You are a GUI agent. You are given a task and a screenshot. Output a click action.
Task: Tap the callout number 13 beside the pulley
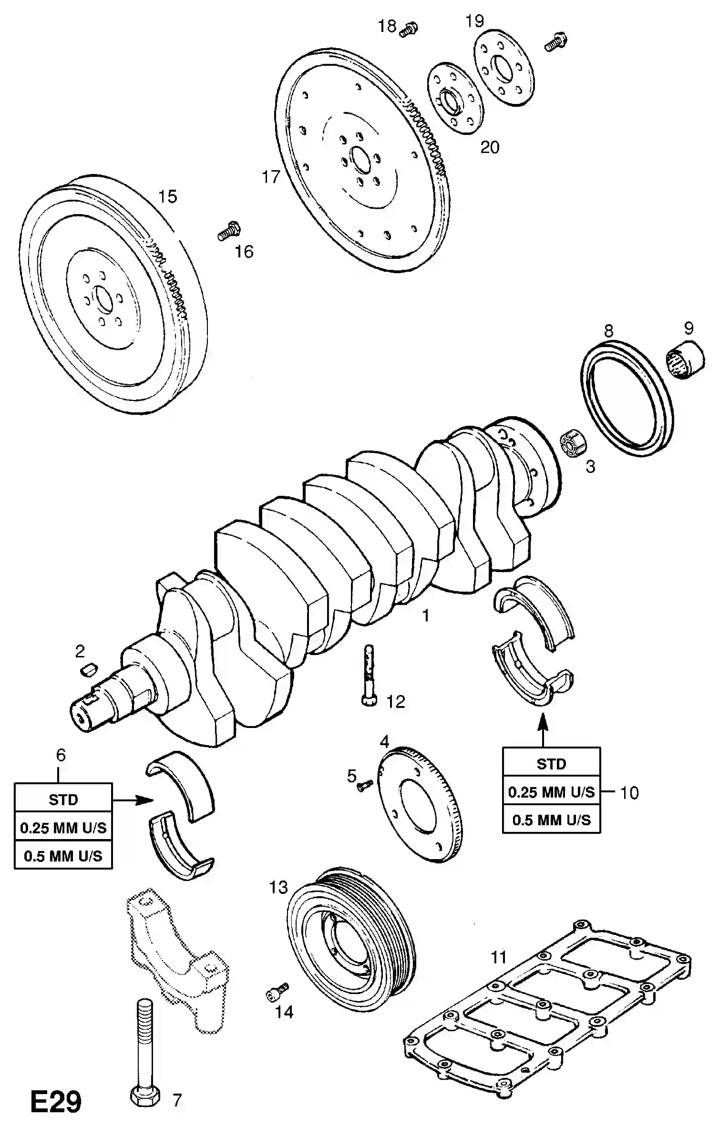coord(278,887)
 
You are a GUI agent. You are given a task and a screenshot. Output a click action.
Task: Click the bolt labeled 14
coord(277,990)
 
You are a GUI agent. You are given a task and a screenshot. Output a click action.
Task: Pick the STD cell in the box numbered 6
coord(63,799)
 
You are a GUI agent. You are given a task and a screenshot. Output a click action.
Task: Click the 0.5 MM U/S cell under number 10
coord(551,820)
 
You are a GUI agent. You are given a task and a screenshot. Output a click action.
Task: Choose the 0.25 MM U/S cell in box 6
coord(63,828)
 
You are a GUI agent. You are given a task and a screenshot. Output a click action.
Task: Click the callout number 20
coord(489,147)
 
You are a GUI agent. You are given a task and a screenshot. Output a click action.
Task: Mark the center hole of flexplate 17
coord(361,160)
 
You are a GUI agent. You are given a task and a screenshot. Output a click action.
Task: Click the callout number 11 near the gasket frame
coord(498,957)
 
